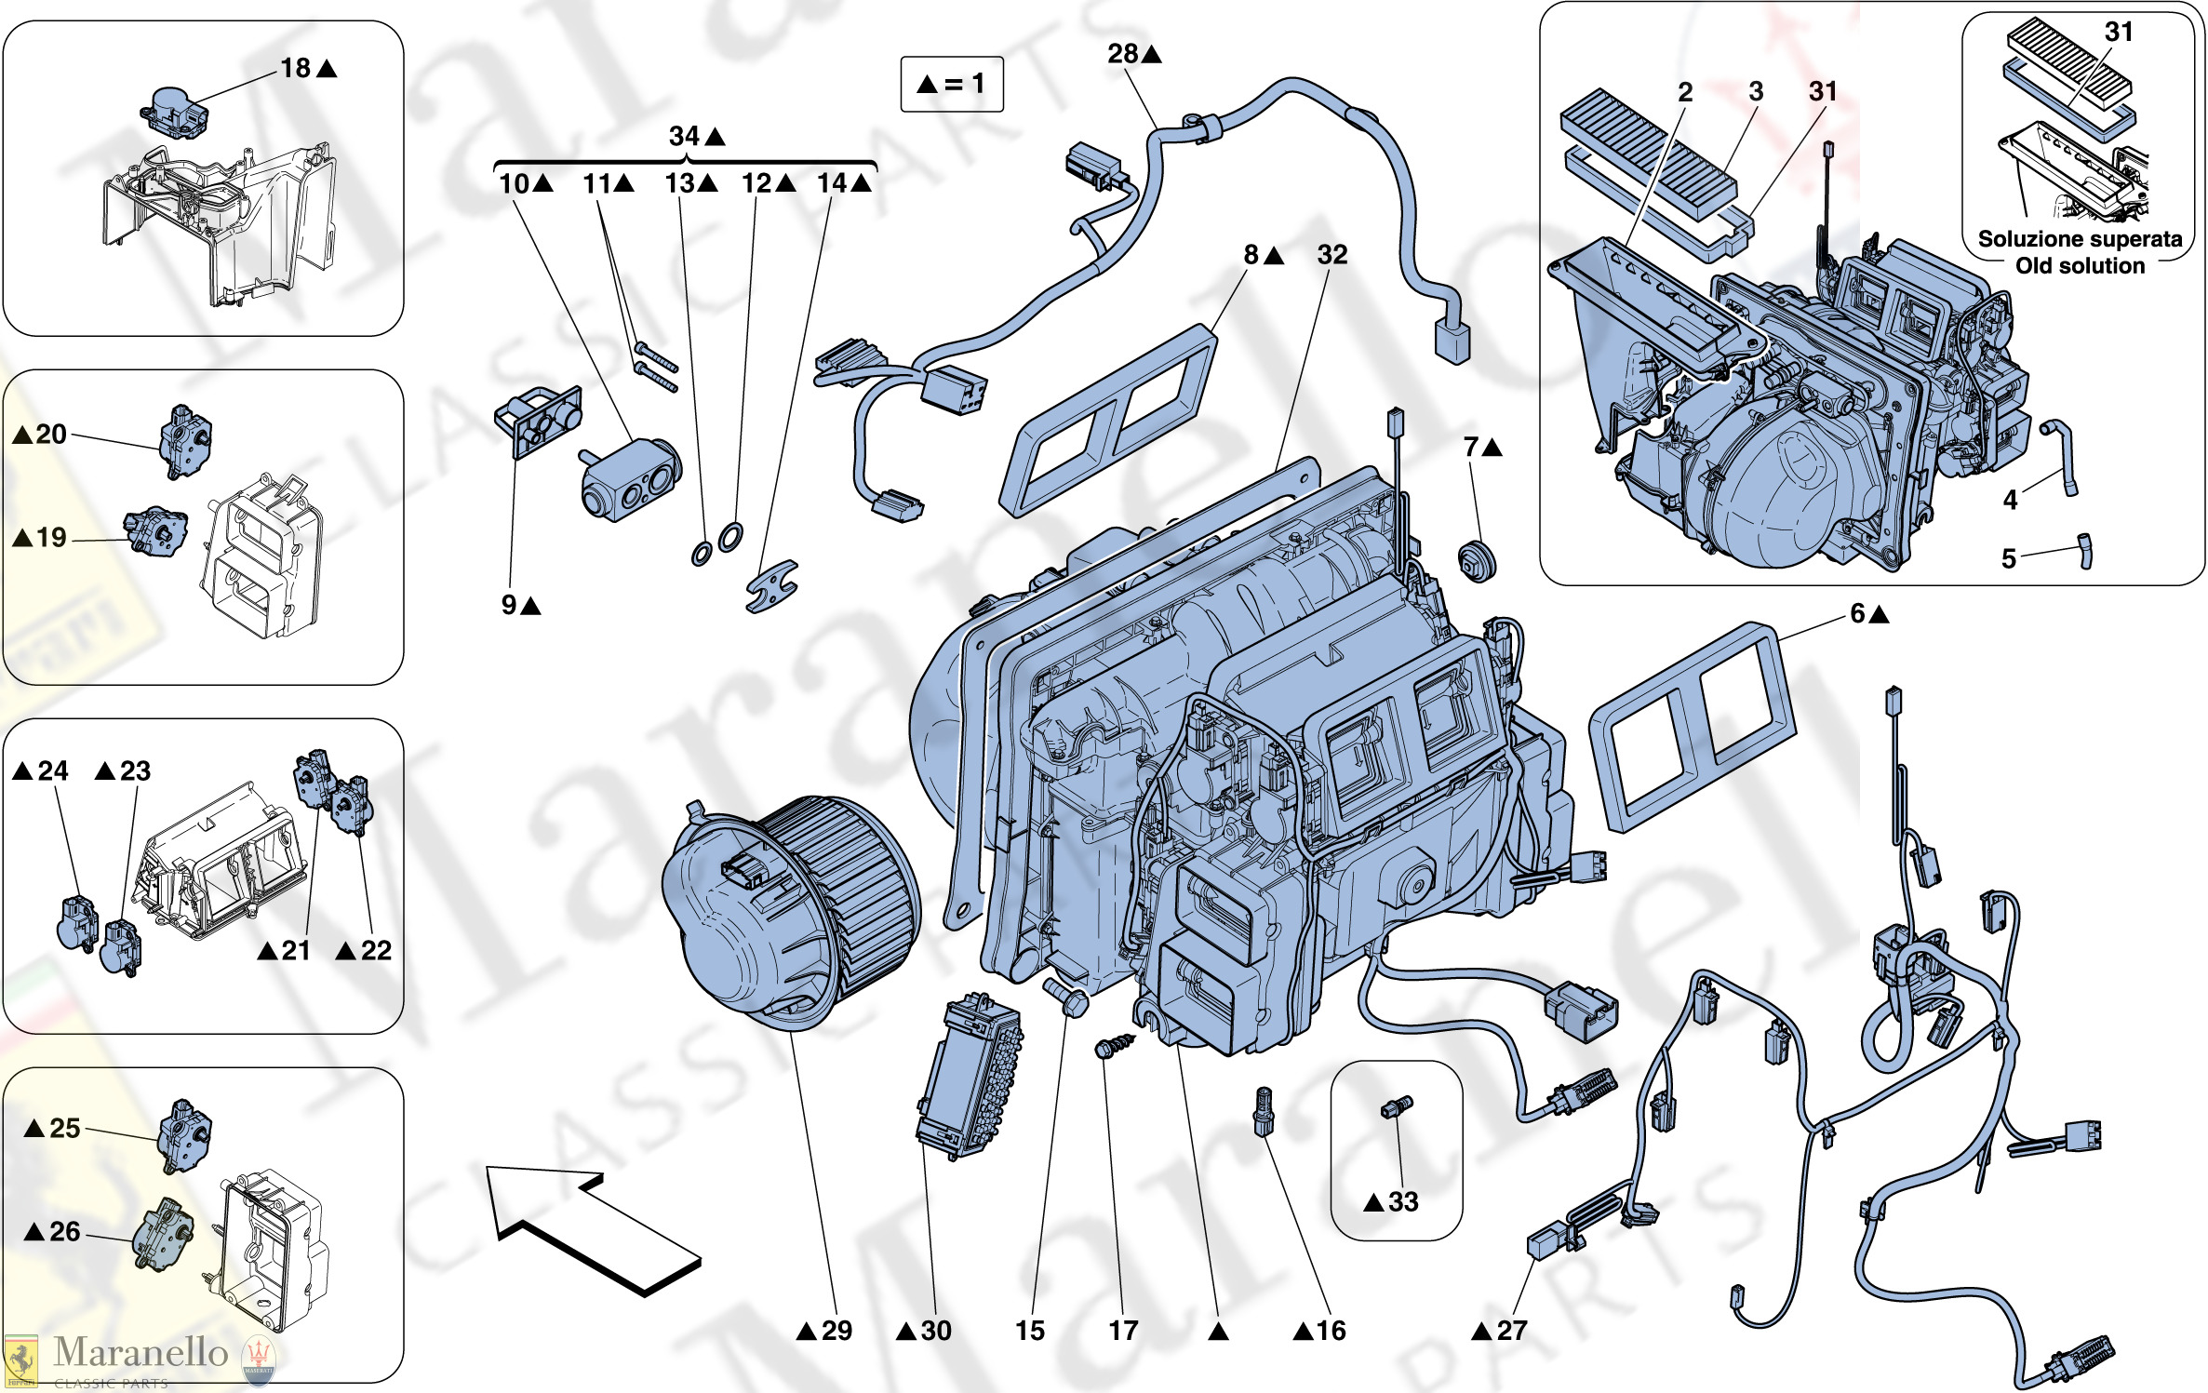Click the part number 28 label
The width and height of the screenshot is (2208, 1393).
1123,54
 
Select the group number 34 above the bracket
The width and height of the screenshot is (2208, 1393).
685,137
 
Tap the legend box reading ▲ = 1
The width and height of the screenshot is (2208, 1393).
951,85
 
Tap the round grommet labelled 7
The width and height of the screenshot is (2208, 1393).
1476,559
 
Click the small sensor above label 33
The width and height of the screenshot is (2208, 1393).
1396,1107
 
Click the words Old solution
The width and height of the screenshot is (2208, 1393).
2080,266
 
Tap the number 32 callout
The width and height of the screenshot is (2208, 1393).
1331,255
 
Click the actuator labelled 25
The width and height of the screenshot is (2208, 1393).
184,1135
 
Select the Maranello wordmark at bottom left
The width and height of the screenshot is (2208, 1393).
140,1353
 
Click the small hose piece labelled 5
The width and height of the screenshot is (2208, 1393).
2085,550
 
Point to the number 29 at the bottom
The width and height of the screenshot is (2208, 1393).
836,1330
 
